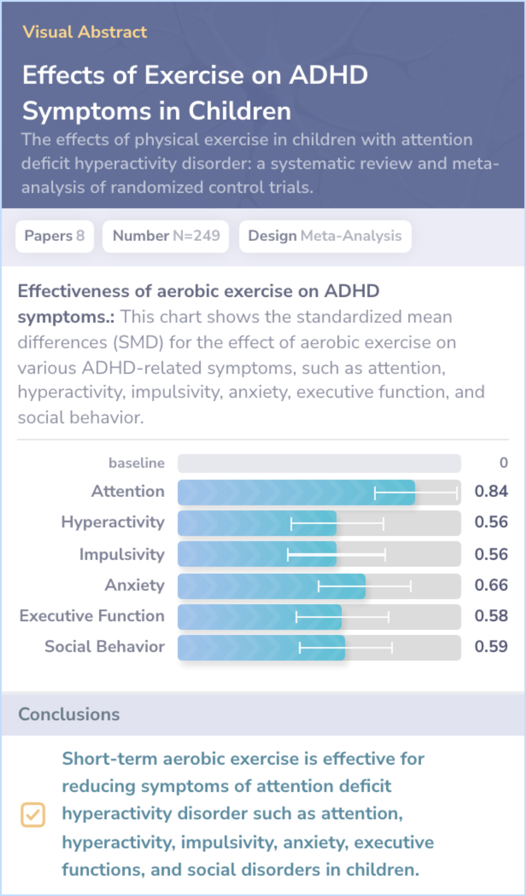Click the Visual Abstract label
tap(84, 32)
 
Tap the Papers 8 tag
tap(55, 236)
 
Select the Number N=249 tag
tap(166, 236)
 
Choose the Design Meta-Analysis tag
tap(325, 236)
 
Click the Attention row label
tap(128, 492)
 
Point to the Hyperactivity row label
tap(113, 522)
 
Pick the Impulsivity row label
tap(122, 554)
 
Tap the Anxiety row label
tap(134, 585)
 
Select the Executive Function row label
tap(92, 616)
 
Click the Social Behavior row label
tap(104, 647)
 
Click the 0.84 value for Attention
tap(491, 492)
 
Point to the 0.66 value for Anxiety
tap(491, 585)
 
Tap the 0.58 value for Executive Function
tap(491, 616)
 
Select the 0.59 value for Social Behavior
tap(491, 647)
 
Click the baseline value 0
tap(504, 463)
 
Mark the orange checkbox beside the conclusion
tap(33, 815)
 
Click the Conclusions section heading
tap(69, 714)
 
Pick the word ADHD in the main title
tap(329, 75)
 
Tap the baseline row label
tap(136, 463)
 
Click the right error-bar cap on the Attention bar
tap(457, 493)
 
